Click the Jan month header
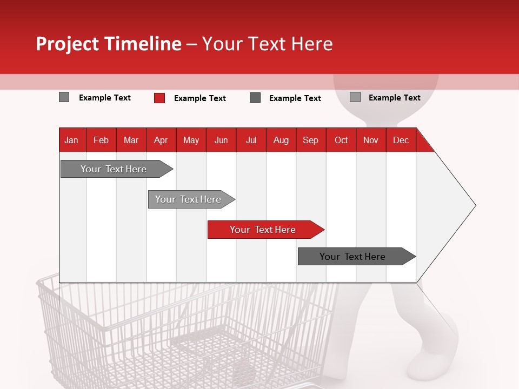[71, 140]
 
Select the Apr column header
[161, 140]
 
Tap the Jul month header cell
[251, 140]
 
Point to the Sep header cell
[310, 140]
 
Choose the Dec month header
[401, 140]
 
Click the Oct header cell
[341, 140]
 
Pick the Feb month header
[101, 140]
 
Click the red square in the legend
[159, 98]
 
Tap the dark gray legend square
[255, 98]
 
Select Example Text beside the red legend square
[200, 98]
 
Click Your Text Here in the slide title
[268, 44]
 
